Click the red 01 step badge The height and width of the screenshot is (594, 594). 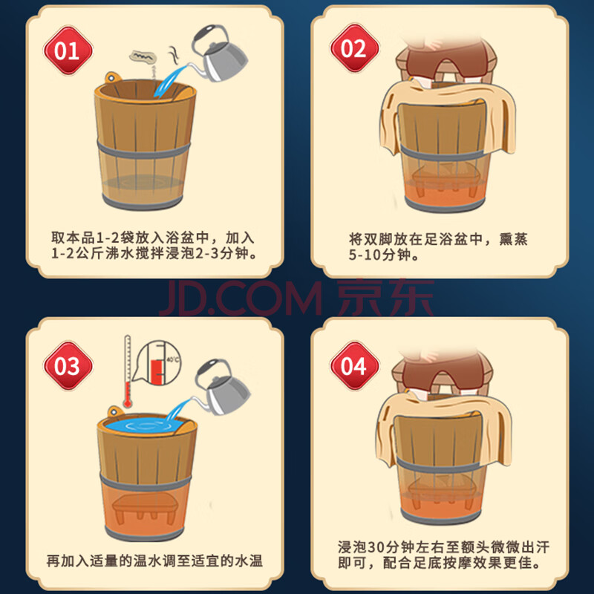point(68,50)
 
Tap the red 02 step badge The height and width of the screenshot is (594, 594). point(355,48)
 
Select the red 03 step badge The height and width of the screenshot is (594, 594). point(68,365)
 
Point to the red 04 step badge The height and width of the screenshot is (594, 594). point(355,365)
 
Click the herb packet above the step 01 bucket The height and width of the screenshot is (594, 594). point(143,57)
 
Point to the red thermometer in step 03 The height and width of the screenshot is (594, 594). point(128,371)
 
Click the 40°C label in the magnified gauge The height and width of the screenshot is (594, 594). point(173,359)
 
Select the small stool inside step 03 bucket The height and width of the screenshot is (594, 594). point(145,509)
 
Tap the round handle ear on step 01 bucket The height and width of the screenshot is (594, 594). point(112,78)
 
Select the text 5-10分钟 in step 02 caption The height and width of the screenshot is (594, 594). point(379,255)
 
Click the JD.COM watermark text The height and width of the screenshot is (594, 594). point(240,298)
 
